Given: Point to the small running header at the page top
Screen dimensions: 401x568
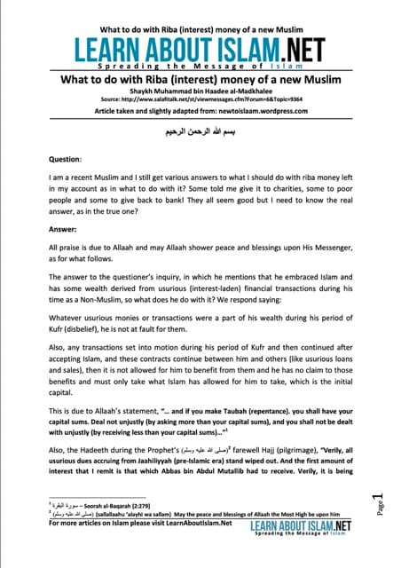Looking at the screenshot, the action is point(199,11).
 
